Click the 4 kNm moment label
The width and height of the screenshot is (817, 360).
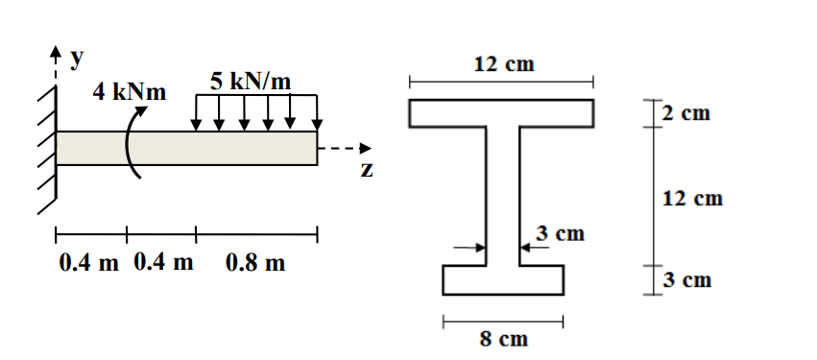(129, 93)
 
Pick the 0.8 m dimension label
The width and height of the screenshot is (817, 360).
(255, 262)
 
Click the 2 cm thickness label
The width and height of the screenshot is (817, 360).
(686, 114)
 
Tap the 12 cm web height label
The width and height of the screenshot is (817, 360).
(692, 199)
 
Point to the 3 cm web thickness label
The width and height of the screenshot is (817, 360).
(560, 233)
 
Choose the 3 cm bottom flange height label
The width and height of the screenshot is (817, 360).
(686, 280)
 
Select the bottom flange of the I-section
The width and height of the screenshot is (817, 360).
(502, 279)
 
